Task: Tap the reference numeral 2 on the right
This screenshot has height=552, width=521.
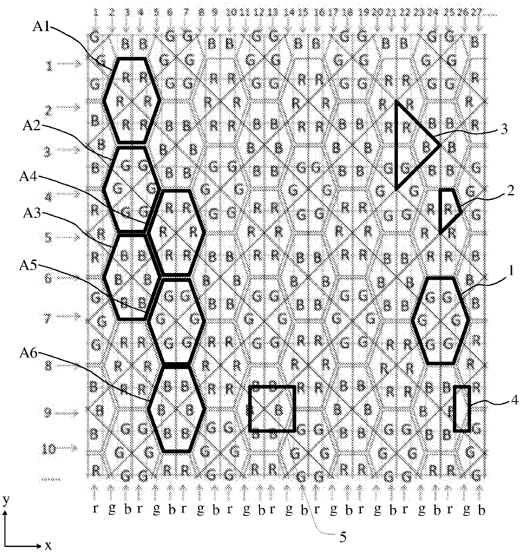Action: (510, 191)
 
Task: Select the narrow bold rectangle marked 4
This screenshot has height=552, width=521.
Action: (462, 408)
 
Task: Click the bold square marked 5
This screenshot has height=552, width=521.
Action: (272, 408)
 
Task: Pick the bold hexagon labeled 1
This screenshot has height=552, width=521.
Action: (440, 320)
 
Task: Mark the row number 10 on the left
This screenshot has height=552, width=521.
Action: (49, 449)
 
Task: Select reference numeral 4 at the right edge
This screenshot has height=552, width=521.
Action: (514, 402)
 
